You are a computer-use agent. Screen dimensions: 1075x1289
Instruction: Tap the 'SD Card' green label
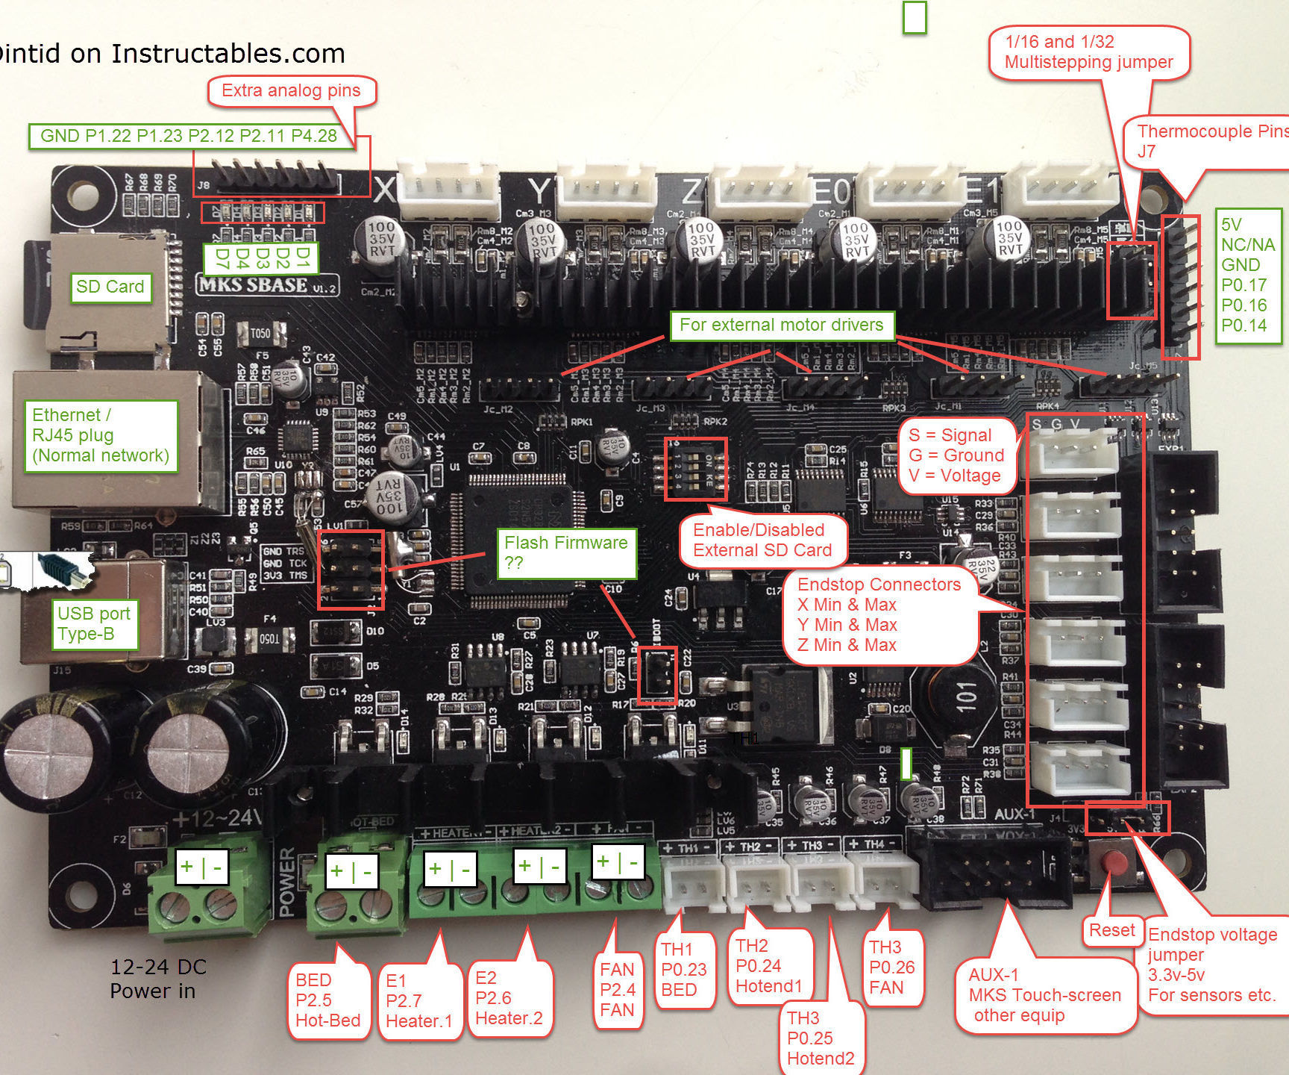(x=110, y=287)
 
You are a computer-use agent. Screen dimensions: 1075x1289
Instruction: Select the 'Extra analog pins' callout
(x=291, y=91)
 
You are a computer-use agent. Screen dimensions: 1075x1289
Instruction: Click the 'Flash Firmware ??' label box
(x=566, y=552)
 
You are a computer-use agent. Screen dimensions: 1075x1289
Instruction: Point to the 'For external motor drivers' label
(x=781, y=325)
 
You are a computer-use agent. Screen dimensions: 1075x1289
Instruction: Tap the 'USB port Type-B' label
(x=94, y=624)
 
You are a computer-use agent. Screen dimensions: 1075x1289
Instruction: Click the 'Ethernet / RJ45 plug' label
(x=101, y=436)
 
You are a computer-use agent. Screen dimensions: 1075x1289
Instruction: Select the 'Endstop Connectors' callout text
(x=879, y=615)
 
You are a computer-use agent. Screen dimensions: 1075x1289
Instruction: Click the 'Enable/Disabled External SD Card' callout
(x=762, y=540)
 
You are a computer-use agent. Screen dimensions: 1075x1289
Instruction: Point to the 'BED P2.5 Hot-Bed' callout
(x=327, y=1000)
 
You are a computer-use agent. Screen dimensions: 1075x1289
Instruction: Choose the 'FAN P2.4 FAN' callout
(x=618, y=990)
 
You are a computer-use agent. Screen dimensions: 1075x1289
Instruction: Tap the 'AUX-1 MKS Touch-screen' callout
(x=1044, y=995)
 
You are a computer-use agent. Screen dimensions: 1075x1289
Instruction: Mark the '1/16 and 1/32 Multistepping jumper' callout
(x=1088, y=52)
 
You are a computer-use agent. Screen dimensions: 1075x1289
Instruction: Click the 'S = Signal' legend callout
(x=956, y=455)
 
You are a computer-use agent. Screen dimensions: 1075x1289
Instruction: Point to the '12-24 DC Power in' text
(x=158, y=979)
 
